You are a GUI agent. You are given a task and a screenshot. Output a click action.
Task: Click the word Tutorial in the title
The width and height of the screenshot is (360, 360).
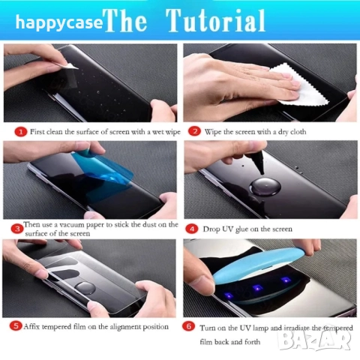point(217,21)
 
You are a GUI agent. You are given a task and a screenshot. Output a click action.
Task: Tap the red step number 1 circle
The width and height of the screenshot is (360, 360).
point(21,132)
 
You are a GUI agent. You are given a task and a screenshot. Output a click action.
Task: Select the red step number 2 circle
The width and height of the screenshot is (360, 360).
point(194,131)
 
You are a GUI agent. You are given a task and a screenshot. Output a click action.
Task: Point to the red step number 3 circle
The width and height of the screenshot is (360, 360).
point(17,229)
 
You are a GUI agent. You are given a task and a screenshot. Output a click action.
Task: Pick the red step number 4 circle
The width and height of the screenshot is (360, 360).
point(192,229)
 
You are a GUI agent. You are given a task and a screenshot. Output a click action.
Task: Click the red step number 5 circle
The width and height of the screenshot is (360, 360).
point(16,326)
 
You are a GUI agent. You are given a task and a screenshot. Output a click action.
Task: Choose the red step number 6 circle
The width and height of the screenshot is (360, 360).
point(189,326)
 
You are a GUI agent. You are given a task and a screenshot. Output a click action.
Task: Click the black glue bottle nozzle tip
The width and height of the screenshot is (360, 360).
point(262,173)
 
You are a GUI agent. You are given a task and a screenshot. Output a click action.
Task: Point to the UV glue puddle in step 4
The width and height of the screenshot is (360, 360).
point(265,187)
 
